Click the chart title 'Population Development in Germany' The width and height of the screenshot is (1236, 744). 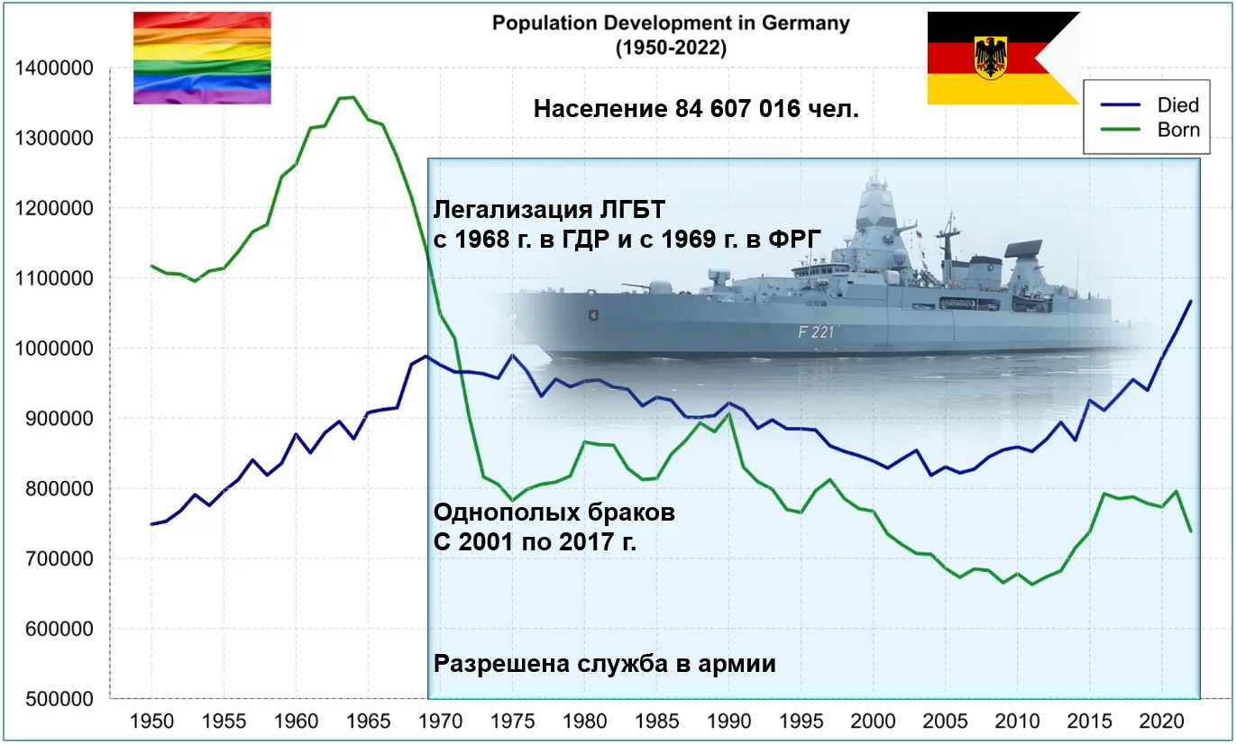click(670, 23)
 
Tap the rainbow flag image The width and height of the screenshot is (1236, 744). click(202, 58)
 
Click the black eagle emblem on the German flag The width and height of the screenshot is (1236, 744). click(991, 57)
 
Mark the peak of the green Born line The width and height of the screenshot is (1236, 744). click(352, 96)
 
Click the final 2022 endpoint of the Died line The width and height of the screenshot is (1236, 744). click(1191, 301)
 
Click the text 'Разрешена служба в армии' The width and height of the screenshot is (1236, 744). click(605, 665)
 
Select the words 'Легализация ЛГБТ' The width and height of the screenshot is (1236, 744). click(548, 210)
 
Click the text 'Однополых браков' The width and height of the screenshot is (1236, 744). click(554, 513)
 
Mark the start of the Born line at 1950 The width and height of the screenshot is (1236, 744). click(151, 266)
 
